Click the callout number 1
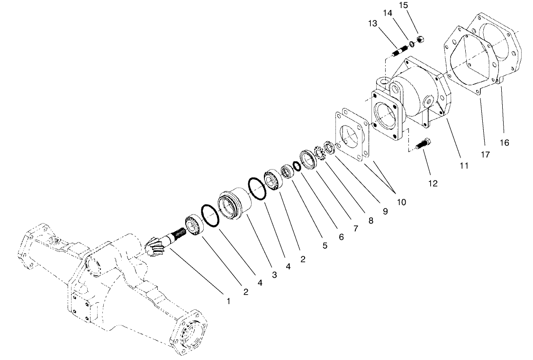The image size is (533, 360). [228, 301]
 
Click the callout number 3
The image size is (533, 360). [273, 275]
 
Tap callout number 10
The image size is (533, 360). [402, 202]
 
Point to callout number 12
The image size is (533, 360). [433, 183]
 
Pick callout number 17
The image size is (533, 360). [485, 154]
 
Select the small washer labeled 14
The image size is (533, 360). [412, 44]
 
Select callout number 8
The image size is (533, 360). [370, 220]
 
